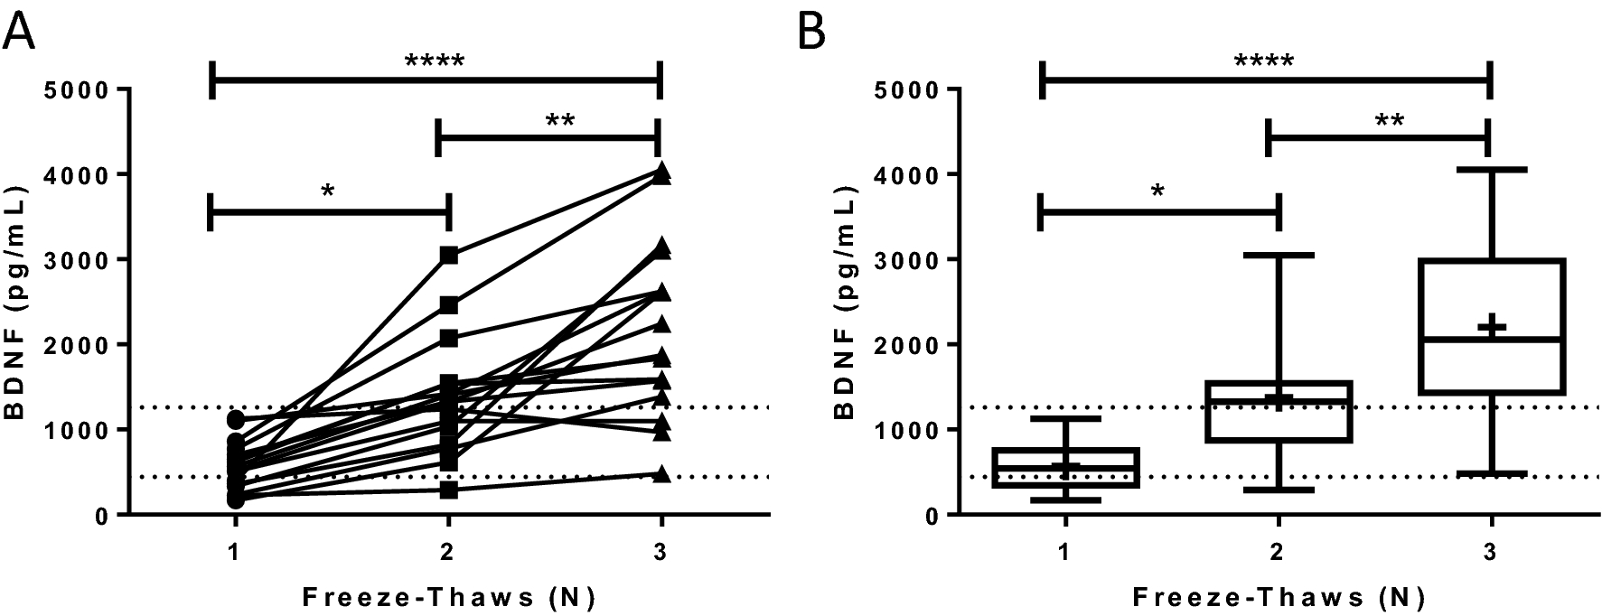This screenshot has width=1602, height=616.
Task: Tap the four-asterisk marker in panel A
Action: pos(435,62)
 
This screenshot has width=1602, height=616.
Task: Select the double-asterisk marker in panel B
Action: pos(1390,120)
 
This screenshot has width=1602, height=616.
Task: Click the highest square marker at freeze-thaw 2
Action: pos(449,256)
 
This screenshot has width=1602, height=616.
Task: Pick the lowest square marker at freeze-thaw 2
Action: pos(449,490)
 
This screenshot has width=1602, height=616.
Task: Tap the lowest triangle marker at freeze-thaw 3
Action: pos(661,473)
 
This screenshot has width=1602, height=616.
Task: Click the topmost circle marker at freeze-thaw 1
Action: pos(236,419)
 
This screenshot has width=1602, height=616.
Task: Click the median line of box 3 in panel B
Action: pos(1491,340)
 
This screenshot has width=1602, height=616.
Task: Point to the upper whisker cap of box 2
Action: pos(1279,256)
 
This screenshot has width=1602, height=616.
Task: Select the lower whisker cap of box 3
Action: pos(1491,473)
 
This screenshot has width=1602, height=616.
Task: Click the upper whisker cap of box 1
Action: pos(1067,419)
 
